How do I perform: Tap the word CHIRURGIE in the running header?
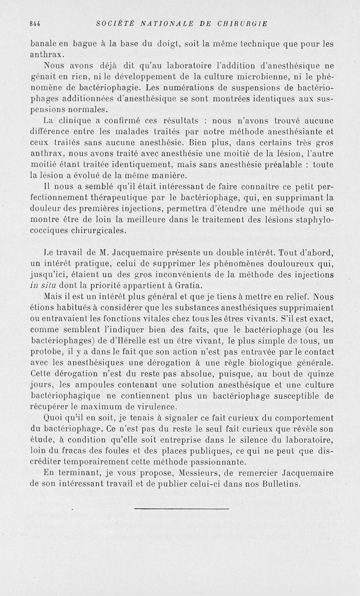coord(245,24)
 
